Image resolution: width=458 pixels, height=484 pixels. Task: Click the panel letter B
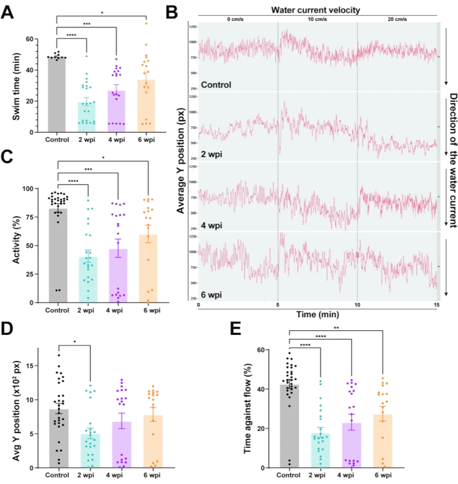(171, 11)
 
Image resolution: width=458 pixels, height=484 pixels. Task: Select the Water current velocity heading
(317, 9)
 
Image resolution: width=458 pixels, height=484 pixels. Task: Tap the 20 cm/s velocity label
(396, 19)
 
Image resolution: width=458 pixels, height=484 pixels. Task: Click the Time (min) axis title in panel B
(317, 315)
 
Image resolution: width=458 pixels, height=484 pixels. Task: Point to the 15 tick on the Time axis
(436, 305)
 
